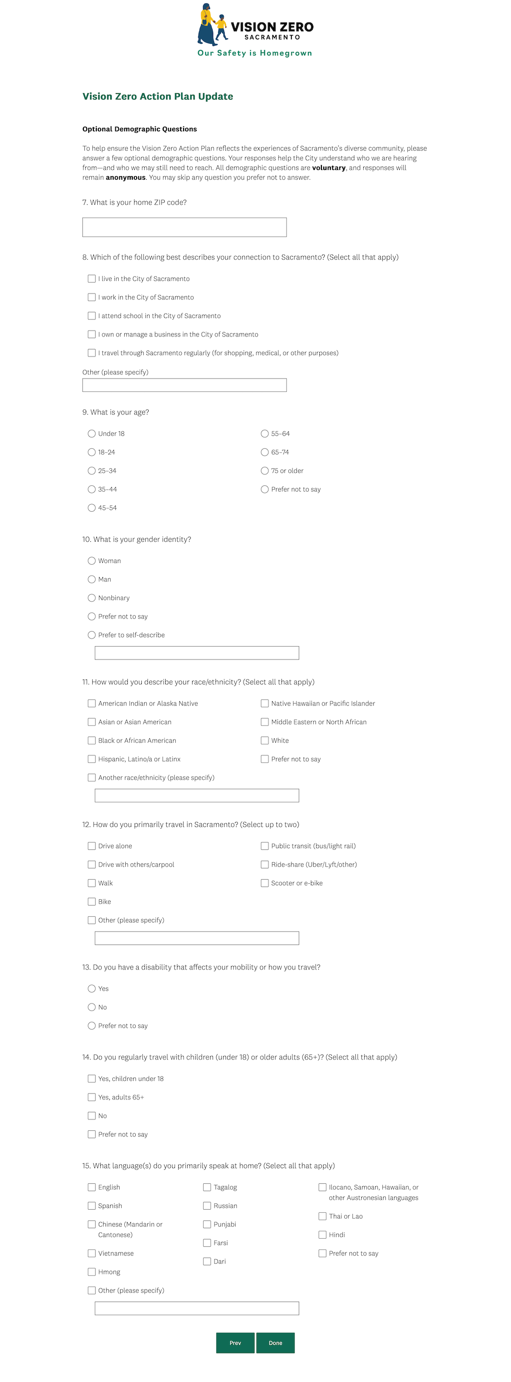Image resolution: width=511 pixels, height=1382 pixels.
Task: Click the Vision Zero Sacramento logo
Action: pos(255,30)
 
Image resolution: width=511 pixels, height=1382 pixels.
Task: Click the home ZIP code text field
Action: pos(184,227)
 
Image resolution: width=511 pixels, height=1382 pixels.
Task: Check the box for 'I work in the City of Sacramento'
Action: pos(92,297)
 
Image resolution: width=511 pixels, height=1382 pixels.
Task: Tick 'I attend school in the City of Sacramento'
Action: pos(92,316)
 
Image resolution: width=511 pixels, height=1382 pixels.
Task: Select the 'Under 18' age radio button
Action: pos(92,433)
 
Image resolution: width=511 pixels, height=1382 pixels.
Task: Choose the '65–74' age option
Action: pos(264,452)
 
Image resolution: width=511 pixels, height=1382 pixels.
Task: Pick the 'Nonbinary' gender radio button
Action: pos(92,598)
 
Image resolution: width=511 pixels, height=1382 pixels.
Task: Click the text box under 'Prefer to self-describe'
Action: pos(196,653)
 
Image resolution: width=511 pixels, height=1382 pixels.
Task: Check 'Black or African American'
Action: pos(92,740)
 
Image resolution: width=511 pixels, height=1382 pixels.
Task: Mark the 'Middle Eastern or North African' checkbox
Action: pos(264,722)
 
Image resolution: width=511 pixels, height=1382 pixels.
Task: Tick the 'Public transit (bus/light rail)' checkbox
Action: pos(264,846)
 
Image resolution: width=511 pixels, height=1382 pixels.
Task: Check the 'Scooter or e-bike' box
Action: pos(264,883)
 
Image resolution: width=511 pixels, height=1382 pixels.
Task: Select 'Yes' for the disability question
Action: pos(92,989)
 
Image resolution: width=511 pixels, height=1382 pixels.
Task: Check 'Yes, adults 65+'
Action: pos(92,1097)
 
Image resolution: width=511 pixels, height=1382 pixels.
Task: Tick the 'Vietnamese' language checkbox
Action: pos(92,1253)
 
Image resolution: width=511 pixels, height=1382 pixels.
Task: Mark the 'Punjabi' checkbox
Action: pos(207,1224)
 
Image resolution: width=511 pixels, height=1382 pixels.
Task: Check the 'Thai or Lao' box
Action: pos(322,1216)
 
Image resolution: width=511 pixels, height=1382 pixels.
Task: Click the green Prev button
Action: pos(235,1343)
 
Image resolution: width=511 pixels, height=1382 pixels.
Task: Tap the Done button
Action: pos(275,1343)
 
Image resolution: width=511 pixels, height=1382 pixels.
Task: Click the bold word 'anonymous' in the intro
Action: pos(125,178)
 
